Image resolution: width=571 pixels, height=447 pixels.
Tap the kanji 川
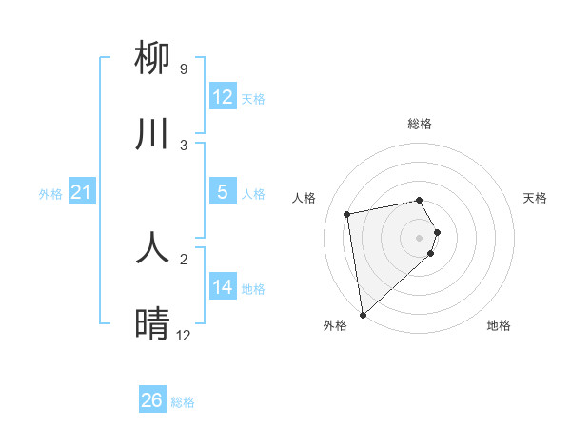pos(152,134)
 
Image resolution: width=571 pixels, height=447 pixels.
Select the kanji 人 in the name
pos(152,247)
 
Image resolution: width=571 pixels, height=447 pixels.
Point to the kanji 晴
pos(152,324)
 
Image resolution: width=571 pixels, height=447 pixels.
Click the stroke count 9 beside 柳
pos(184,69)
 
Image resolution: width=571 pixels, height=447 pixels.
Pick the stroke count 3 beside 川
pos(184,146)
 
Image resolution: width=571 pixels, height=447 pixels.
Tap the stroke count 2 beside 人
pos(184,259)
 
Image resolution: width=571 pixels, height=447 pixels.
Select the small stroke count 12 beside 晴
pos(184,336)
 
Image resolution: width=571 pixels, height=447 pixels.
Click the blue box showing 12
pos(223,97)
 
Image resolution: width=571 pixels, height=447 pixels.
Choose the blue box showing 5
pos(223,192)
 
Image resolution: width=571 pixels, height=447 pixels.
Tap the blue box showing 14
pos(223,286)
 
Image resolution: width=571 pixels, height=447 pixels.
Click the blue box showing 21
pos(82,192)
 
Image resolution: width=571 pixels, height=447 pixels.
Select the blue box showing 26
pos(152,400)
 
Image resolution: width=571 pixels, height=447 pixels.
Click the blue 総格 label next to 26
pos(183,402)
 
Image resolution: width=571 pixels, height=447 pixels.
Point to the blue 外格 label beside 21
pos(50,194)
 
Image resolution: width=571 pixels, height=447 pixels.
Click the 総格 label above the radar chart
pos(420,124)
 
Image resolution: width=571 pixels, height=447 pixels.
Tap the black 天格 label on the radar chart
pos(535,198)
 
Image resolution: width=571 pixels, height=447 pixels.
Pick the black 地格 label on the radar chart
pos(499,325)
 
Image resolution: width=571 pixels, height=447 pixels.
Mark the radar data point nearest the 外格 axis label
pos(363,314)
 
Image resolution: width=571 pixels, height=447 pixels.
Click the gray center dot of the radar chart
pos(420,236)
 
